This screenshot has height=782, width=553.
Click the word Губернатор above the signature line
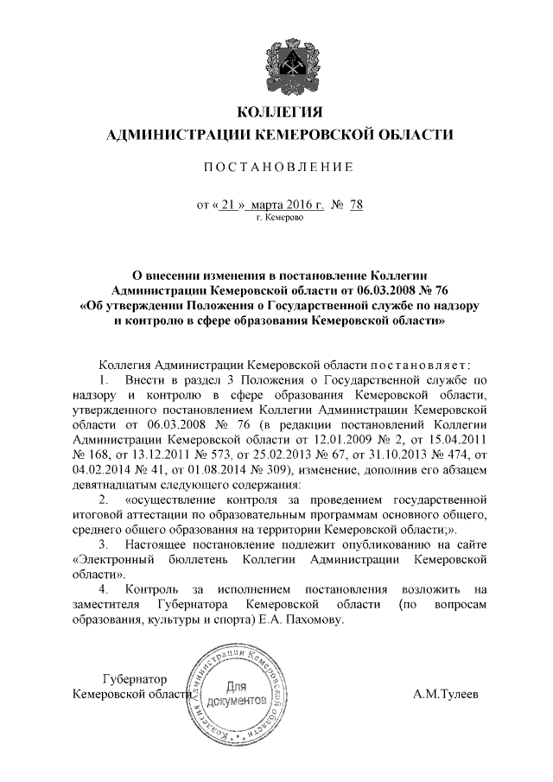click(134, 678)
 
